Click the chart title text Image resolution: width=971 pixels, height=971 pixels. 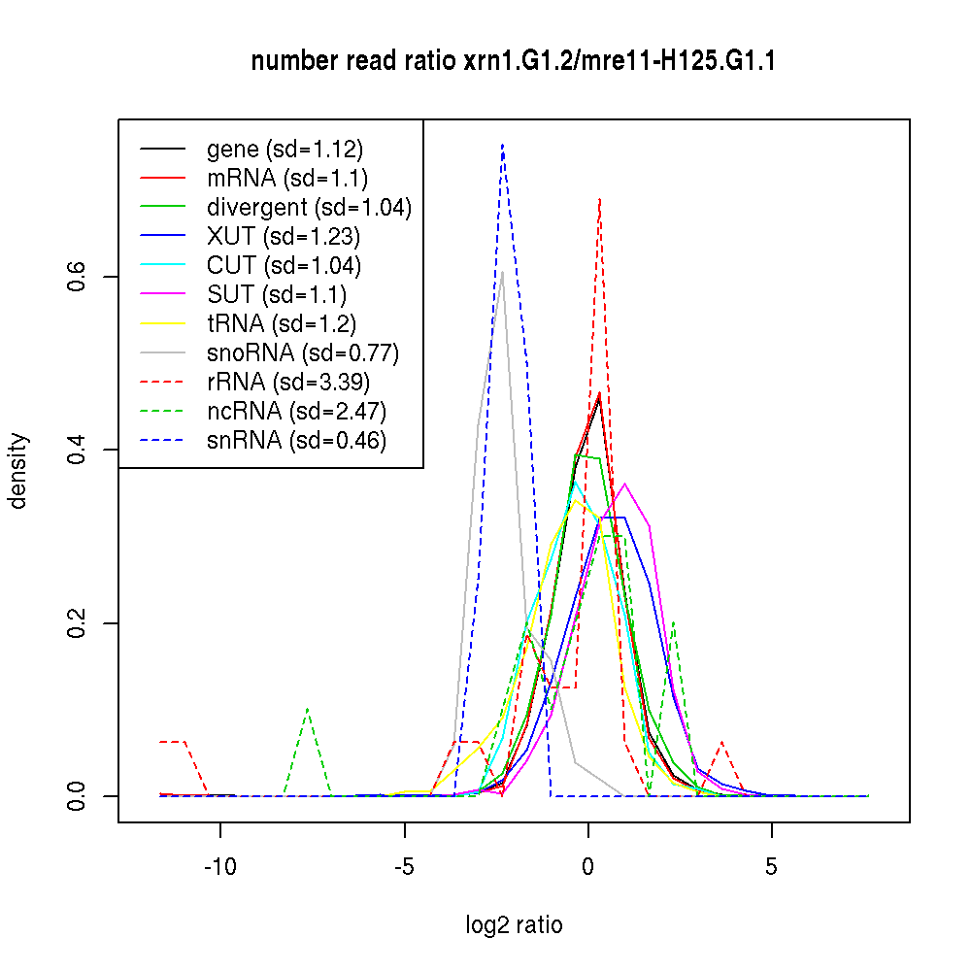pos(513,61)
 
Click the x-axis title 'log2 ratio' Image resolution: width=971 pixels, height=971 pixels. pos(514,924)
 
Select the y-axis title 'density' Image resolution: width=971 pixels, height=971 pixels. pos(18,471)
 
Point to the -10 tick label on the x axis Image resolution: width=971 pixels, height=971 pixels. pos(219,867)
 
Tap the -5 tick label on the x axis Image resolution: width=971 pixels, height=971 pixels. pos(404,867)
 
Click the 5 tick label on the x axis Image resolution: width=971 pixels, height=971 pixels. pos(772,867)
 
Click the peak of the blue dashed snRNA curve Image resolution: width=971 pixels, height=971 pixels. pos(502,145)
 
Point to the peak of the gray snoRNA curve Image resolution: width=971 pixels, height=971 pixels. pos(501,271)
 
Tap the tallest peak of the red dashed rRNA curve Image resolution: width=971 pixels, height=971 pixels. pos(600,199)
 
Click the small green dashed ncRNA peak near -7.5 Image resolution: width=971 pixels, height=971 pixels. pos(308,710)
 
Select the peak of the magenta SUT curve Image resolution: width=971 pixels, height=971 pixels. pos(624,484)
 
